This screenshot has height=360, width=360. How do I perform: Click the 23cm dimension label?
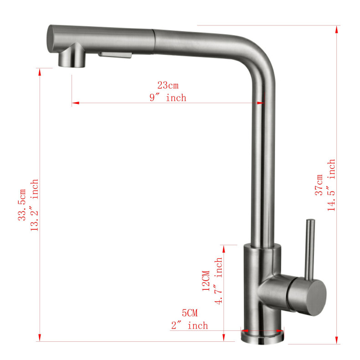(x=168, y=85)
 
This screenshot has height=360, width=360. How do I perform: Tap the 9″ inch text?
(x=168, y=98)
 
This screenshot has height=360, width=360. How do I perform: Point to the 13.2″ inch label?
(x=34, y=205)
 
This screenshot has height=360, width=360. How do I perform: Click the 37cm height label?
(x=319, y=185)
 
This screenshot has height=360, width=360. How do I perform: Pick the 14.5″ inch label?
(x=331, y=185)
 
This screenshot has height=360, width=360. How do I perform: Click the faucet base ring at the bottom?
(x=262, y=337)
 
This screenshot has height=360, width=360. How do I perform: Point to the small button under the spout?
(x=115, y=55)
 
